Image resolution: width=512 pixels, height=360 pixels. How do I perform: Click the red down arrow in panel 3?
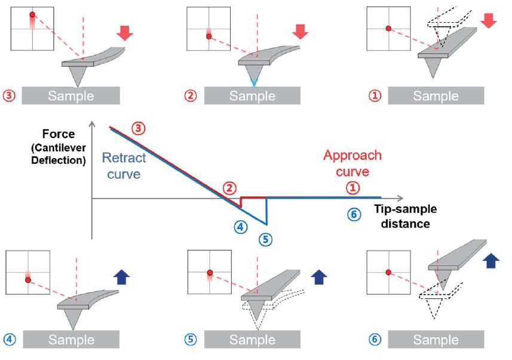coord(125,32)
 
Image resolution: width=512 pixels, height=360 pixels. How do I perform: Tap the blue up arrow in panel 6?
coord(492,261)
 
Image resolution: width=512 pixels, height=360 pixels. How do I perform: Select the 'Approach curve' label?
coord(352,163)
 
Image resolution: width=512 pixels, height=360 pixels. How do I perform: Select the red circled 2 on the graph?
coord(229,188)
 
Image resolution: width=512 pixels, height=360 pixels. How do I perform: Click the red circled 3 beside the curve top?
coord(139,128)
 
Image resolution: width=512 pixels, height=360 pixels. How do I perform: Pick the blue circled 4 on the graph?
coord(240,227)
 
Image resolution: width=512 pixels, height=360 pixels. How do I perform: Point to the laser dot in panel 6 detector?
coord(388,272)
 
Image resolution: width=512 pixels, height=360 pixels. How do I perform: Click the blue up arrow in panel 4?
coord(122,277)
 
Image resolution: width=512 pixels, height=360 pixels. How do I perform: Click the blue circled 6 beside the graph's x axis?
coord(354,214)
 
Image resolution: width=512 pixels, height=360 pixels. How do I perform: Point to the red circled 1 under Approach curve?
coord(353,188)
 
